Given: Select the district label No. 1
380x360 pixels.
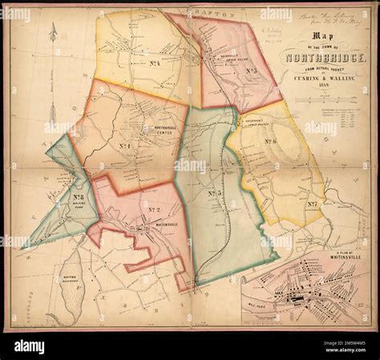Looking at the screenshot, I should pos(127,146).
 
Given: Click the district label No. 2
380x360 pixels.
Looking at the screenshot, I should pos(154,210).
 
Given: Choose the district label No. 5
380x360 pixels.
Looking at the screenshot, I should pos(251,71).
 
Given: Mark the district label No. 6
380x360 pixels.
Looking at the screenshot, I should pos(269,141).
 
